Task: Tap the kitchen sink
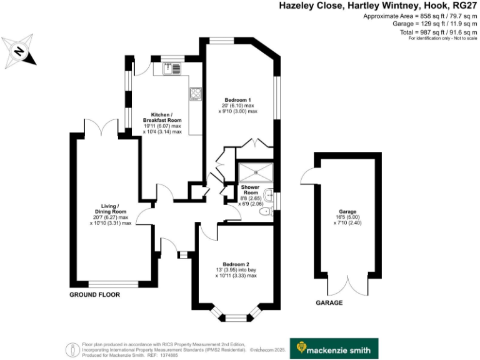click(170, 69)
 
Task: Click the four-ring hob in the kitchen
click(196, 94)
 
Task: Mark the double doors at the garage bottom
click(344, 286)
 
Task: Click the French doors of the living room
click(101, 127)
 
